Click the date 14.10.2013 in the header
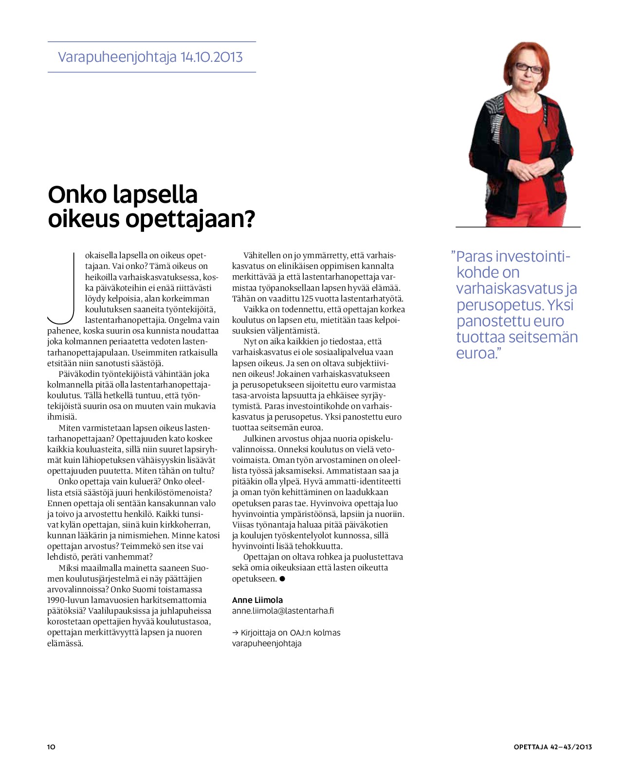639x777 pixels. point(211,57)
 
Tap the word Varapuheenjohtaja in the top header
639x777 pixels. point(117,57)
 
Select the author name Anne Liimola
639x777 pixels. point(257,600)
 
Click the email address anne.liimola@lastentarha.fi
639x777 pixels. point(283,611)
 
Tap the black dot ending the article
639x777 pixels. point(282,579)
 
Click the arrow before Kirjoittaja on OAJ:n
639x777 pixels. point(235,633)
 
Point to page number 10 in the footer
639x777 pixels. point(51,747)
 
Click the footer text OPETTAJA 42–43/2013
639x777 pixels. point(552,747)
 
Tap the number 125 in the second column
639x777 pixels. point(308,299)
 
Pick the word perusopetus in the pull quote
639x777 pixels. point(496,305)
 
